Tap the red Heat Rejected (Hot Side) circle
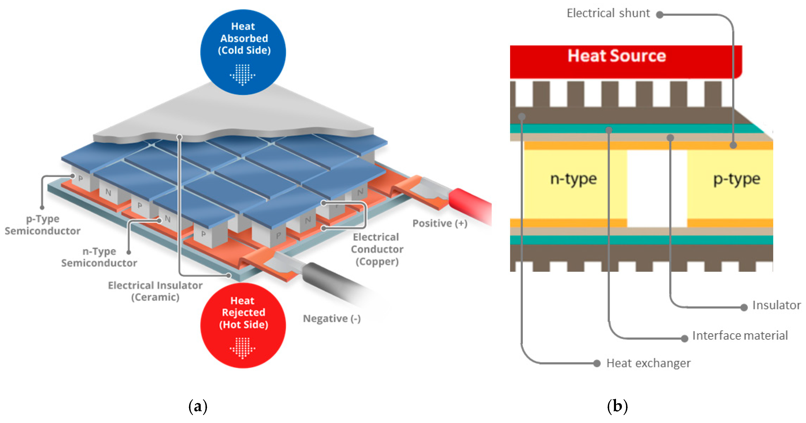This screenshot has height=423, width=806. (243, 325)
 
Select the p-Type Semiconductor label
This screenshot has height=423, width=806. (43, 225)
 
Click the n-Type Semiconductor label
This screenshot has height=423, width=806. (99, 257)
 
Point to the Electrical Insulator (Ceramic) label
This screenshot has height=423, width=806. (155, 291)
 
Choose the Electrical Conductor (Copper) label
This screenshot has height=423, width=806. (377, 249)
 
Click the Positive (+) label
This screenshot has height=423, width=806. (440, 223)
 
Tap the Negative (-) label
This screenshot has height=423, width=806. (332, 319)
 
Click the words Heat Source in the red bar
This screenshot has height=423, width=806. (616, 56)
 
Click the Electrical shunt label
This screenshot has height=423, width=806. (608, 13)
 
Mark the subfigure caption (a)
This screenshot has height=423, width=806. (198, 406)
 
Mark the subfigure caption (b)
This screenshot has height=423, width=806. (617, 406)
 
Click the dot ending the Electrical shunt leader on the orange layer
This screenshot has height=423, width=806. (733, 145)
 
